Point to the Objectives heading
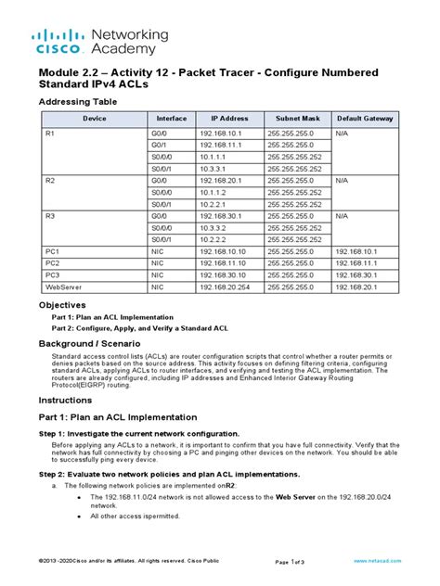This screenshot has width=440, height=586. [x=62, y=304]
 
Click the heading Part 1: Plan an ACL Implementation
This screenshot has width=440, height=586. [x=117, y=418]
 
